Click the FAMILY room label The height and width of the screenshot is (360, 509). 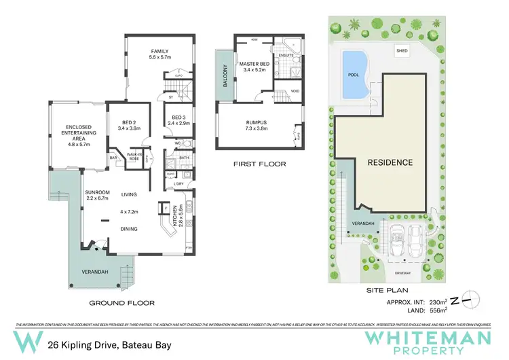tap(159, 52)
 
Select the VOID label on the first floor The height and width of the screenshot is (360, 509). tap(295, 90)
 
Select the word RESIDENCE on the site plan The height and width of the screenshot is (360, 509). tap(390, 163)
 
